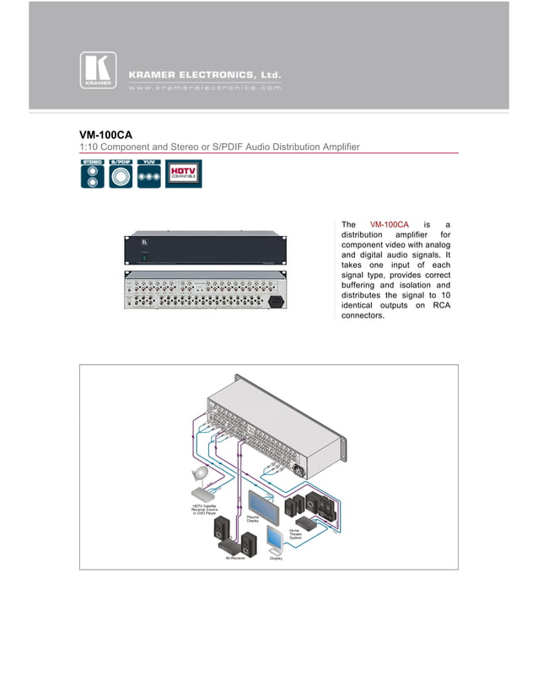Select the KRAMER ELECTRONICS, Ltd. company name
coord(204,75)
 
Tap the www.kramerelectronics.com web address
coord(204,87)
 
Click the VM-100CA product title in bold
coord(105,134)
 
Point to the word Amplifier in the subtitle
coord(338,147)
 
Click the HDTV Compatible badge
coord(183,174)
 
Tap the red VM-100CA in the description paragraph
coord(390,224)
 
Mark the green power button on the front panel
coord(144,258)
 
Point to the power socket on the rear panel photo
coord(275,301)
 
